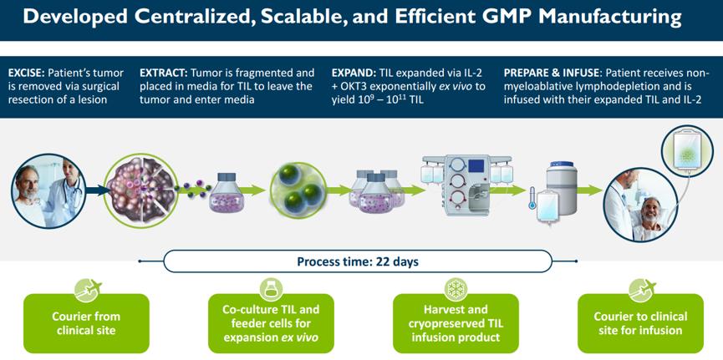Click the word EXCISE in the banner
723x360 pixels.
pyautogui.click(x=23, y=73)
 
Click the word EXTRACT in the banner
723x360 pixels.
pyautogui.click(x=160, y=73)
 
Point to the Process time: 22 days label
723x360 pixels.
pyautogui.click(x=358, y=261)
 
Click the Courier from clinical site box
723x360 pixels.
pyautogui.click(x=86, y=323)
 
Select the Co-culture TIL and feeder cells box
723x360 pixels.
pyautogui.click(x=271, y=323)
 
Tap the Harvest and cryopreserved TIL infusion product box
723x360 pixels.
pyautogui.click(x=456, y=323)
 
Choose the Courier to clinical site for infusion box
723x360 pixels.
pyautogui.click(x=640, y=323)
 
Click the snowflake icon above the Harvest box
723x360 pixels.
pyautogui.click(x=456, y=289)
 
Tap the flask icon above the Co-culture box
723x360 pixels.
pyautogui.click(x=271, y=289)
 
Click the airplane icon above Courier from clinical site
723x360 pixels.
pyautogui.click(x=88, y=290)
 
